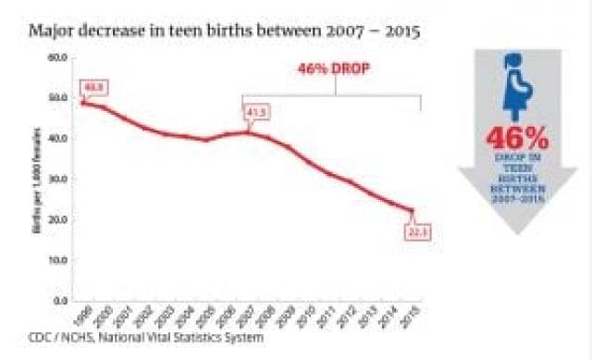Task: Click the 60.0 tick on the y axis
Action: click(58, 57)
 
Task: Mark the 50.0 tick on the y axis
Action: click(58, 98)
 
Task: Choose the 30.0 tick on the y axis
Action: click(58, 179)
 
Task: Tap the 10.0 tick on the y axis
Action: click(58, 260)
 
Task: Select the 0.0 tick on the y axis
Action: click(61, 301)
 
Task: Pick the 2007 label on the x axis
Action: click(245, 316)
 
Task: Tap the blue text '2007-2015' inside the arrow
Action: click(518, 196)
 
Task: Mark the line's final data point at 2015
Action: click(411, 210)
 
